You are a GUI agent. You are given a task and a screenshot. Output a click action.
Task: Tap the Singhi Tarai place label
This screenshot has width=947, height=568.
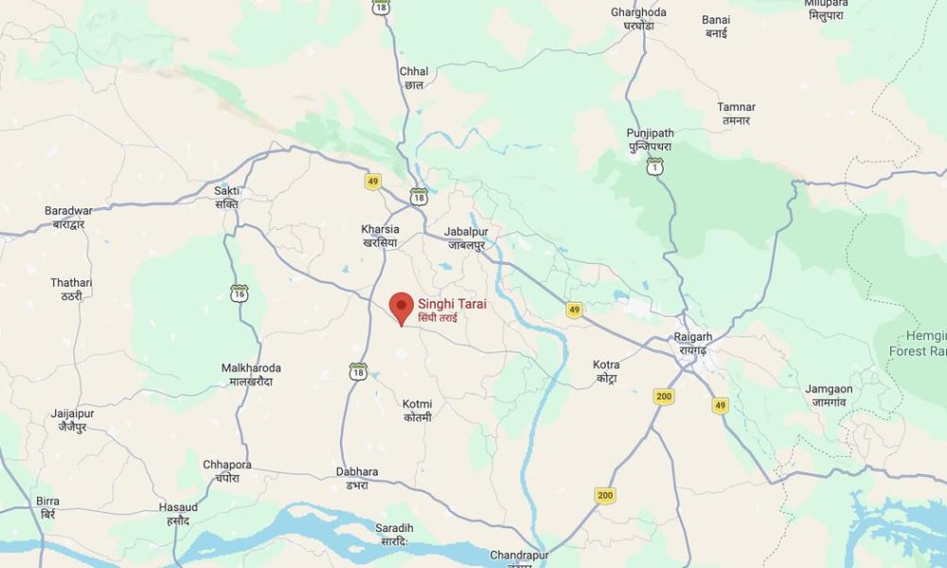(451, 310)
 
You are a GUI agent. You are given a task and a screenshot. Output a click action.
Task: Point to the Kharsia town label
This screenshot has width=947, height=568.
(381, 236)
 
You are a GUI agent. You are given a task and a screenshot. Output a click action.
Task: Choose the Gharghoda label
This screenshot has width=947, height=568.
(638, 18)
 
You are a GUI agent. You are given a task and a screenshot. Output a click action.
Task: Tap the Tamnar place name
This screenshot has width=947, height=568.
(735, 114)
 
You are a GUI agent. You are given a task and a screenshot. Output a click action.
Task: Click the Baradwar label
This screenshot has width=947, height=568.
(68, 217)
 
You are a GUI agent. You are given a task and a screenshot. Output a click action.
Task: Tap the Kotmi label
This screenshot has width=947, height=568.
(417, 410)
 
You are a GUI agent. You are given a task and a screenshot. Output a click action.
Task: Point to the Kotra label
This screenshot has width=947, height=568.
(606, 370)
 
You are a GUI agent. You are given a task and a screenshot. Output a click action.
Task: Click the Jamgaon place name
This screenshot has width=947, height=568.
(829, 395)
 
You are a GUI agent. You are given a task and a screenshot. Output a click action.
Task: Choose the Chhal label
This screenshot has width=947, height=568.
(414, 78)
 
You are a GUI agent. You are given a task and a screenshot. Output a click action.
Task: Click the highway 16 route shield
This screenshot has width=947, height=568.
(240, 293)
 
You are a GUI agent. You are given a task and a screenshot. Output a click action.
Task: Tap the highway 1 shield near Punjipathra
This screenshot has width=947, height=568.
(654, 167)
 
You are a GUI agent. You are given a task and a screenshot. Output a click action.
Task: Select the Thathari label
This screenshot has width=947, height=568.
(72, 289)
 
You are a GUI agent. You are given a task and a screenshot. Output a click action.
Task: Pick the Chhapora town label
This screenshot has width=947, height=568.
(227, 470)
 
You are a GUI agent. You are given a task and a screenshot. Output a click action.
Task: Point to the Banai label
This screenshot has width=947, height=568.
(716, 26)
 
